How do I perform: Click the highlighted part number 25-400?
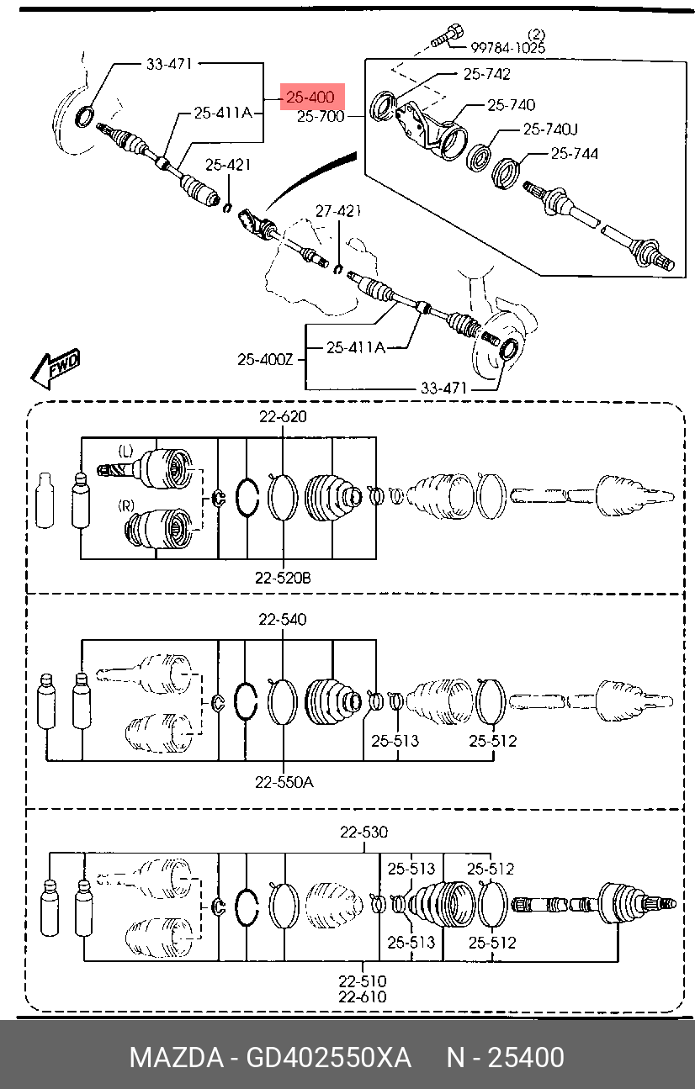click(310, 98)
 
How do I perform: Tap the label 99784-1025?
click(507, 48)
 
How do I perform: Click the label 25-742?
click(487, 74)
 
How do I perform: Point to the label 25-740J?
click(550, 130)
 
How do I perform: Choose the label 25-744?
click(575, 154)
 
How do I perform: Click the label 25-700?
click(321, 117)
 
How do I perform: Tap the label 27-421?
click(338, 211)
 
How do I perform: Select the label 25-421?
click(228, 165)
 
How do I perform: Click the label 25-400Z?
click(265, 360)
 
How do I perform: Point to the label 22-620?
click(283, 416)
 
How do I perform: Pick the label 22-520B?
click(283, 578)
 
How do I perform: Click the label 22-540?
click(283, 620)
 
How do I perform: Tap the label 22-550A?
click(284, 782)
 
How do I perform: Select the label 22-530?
click(363, 832)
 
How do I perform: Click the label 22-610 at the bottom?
click(363, 996)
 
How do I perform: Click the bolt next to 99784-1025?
click(446, 36)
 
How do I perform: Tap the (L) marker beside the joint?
click(125, 451)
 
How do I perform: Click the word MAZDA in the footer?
click(177, 1057)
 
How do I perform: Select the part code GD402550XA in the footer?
click(329, 1057)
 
